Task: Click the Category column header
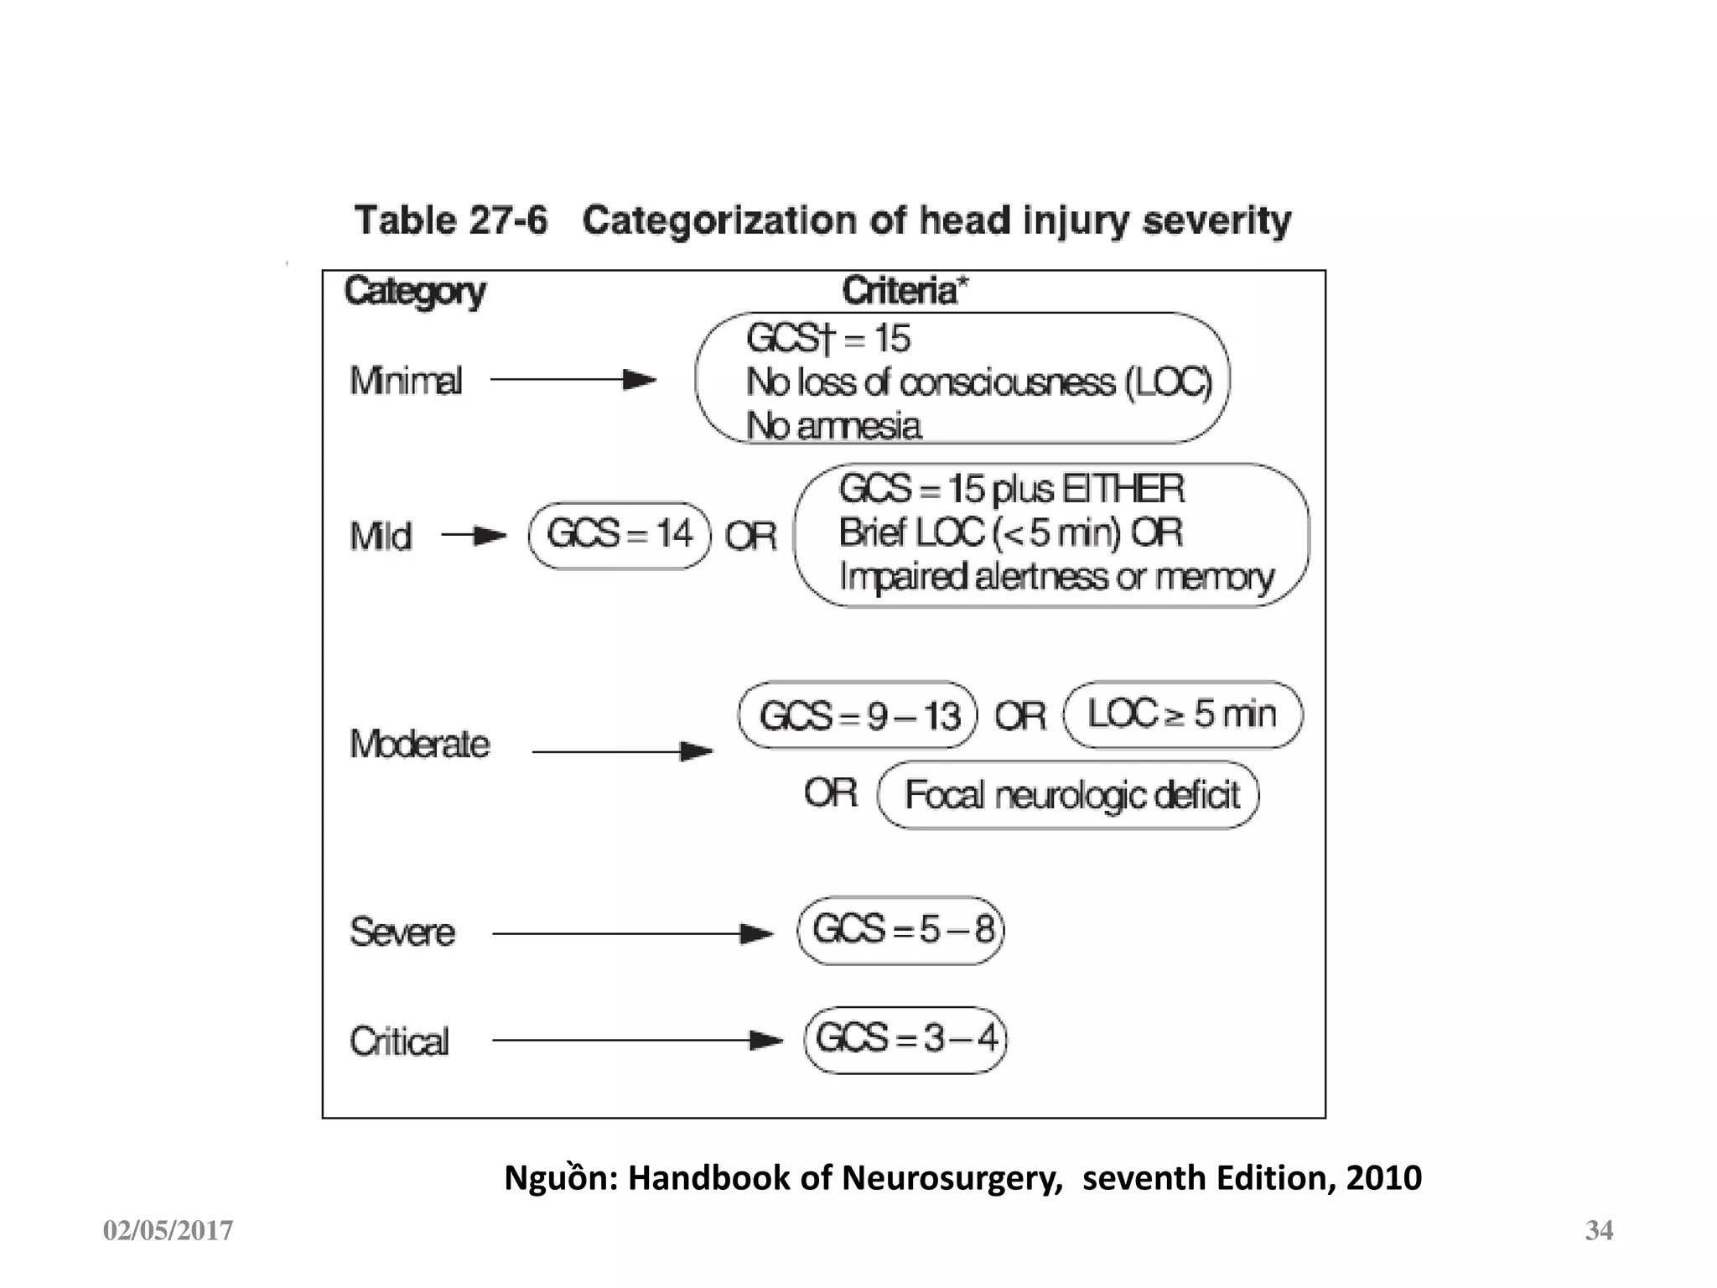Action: [x=415, y=292]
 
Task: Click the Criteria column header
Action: [x=905, y=291]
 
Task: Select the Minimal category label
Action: [x=406, y=381]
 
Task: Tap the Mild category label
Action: [x=381, y=537]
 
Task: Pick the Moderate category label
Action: [x=419, y=744]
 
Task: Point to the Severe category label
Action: [x=402, y=932]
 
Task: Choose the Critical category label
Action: [x=399, y=1041]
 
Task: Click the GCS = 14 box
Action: [x=620, y=535]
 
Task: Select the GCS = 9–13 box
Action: [x=858, y=715]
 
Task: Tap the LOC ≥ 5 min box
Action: [x=1183, y=714]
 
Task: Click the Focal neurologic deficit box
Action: [x=1069, y=795]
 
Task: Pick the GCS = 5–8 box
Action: [x=901, y=930]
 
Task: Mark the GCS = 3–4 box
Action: [x=905, y=1040]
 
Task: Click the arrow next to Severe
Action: [x=632, y=933]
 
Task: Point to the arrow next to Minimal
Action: [x=573, y=380]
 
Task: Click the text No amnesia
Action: [x=834, y=426]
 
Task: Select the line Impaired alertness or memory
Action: [x=1056, y=577]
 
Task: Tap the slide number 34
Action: [x=1599, y=1230]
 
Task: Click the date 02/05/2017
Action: [x=168, y=1231]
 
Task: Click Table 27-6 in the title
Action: [x=451, y=221]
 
